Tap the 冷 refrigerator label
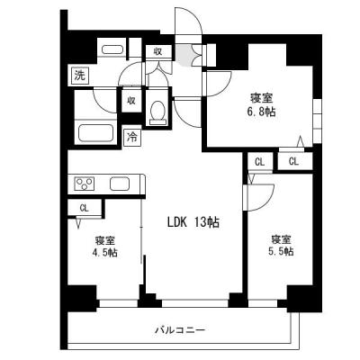132,138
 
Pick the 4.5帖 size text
106,254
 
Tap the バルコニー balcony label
199,331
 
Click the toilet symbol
158,112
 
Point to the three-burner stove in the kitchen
85,184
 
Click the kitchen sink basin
121,184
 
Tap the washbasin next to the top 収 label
112,51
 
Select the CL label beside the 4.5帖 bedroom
85,208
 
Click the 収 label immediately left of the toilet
131,102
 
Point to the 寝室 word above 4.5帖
106,240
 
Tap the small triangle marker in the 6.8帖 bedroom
300,141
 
